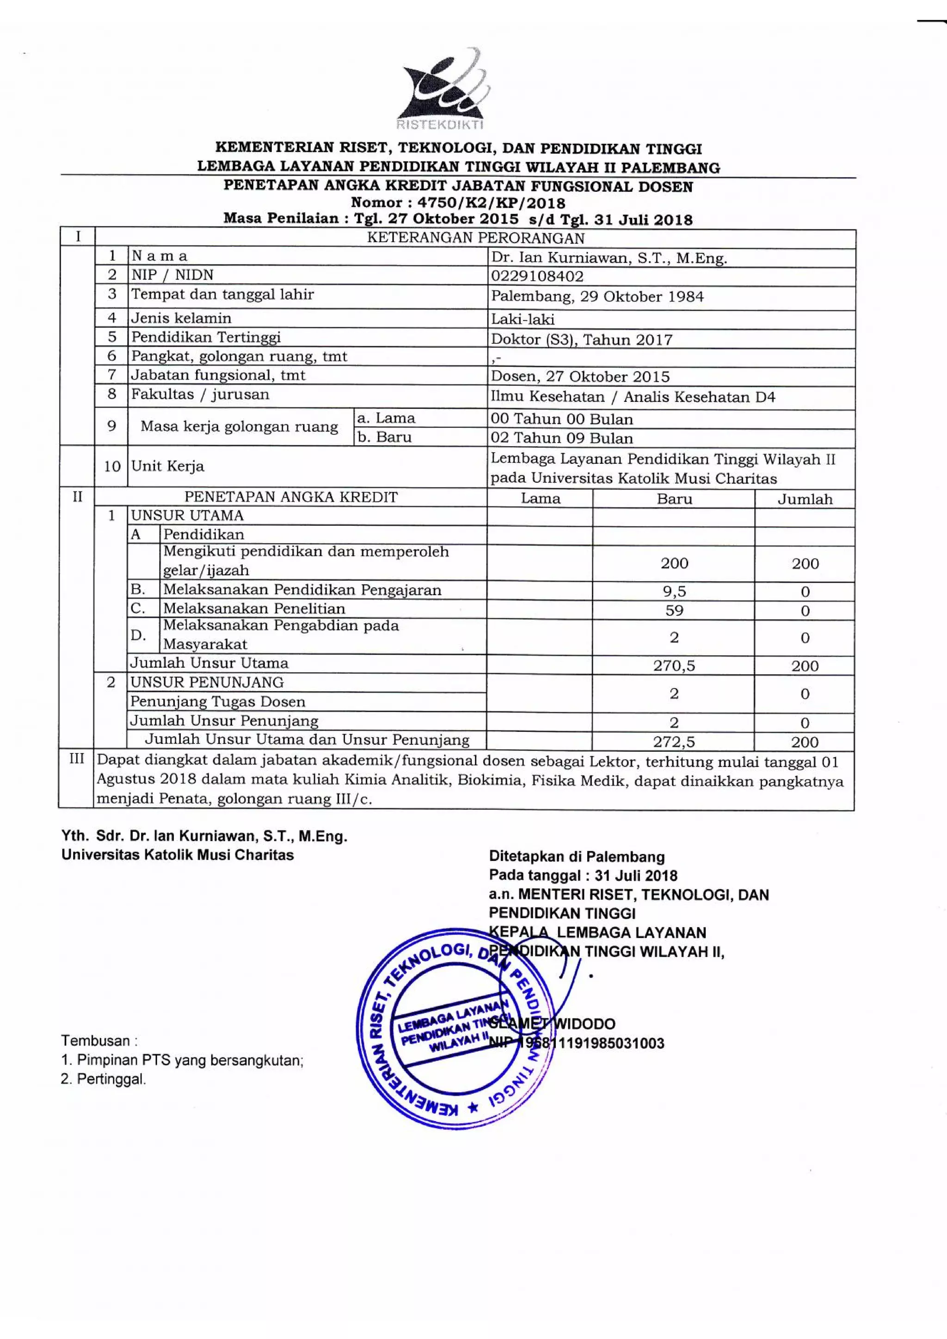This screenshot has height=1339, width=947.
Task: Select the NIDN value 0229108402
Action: tap(536, 276)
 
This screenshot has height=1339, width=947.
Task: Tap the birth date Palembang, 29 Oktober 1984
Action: tap(596, 296)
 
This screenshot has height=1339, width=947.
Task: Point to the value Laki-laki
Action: tap(523, 319)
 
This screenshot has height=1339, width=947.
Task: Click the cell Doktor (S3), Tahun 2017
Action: tap(581, 339)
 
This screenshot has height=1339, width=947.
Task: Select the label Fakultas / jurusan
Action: tap(200, 394)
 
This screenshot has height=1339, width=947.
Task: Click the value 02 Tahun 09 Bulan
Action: tap(561, 438)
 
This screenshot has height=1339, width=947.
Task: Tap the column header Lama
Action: tap(540, 498)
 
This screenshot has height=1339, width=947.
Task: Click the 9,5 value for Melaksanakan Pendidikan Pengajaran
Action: tap(674, 591)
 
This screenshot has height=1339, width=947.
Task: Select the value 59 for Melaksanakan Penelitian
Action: tap(674, 611)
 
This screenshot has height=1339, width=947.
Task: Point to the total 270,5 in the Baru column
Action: tap(674, 665)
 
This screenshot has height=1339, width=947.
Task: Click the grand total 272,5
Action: tap(674, 742)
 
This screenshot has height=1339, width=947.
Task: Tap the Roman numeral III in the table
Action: tap(76, 759)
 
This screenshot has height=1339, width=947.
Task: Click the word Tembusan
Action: tap(96, 1040)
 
